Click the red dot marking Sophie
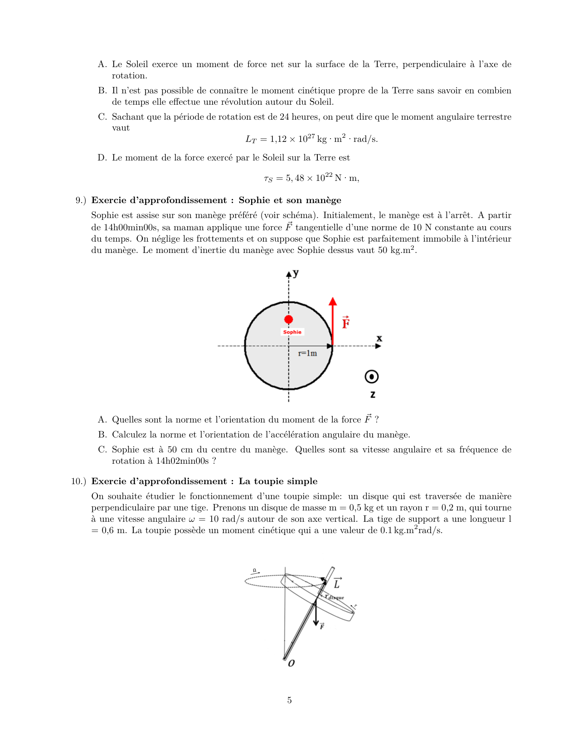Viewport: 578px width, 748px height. coord(288,320)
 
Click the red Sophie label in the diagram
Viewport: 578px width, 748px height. coord(292,332)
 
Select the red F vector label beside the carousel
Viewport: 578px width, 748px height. coord(346,322)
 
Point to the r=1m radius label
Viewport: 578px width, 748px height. coord(307,353)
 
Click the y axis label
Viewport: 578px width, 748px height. coord(296,273)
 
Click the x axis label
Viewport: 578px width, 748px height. coord(379,338)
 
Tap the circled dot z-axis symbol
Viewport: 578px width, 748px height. coord(371,377)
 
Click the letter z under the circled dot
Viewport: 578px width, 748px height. coord(372,394)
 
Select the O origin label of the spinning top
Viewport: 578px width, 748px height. coord(291,663)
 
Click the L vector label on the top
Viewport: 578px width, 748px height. coord(337,583)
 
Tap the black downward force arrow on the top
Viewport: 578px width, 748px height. coord(316,614)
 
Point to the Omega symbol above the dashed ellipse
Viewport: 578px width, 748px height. coord(255,570)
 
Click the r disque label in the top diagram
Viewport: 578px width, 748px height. coord(335,597)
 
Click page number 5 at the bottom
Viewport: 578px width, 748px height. coord(289,700)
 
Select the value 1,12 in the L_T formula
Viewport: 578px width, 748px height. coord(278,139)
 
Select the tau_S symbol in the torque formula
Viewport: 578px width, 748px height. coord(268,179)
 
